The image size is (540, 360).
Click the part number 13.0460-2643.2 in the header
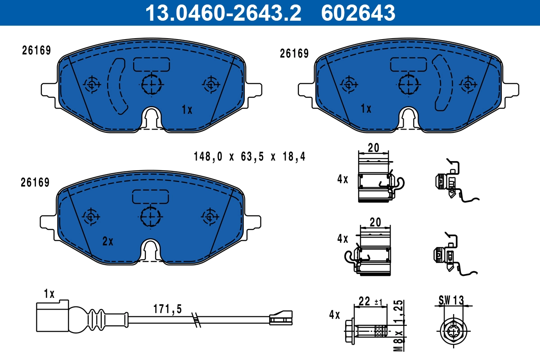tap(222, 13)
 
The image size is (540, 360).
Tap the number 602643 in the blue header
tap(358, 13)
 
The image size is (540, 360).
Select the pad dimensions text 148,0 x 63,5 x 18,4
tap(249, 157)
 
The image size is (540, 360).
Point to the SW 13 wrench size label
tap(450, 300)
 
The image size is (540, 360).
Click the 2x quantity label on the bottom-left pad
tap(108, 242)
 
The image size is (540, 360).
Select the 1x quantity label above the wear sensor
tap(49, 294)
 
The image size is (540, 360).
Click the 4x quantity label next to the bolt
tap(334, 315)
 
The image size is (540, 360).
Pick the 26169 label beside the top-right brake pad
tap(294, 54)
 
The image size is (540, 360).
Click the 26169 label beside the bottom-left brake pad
tap(35, 182)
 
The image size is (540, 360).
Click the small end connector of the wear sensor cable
tap(280, 318)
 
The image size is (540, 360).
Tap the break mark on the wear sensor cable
tap(196, 319)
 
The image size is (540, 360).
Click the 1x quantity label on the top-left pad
tap(187, 109)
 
